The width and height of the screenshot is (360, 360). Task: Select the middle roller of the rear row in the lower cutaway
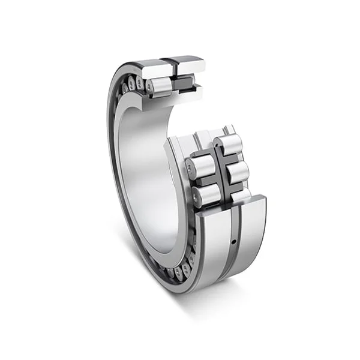pyautogui.click(x=236, y=172)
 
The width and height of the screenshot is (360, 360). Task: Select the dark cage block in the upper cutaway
pyautogui.click(x=184, y=83)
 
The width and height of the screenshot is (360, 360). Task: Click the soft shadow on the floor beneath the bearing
pyautogui.click(x=180, y=312)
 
